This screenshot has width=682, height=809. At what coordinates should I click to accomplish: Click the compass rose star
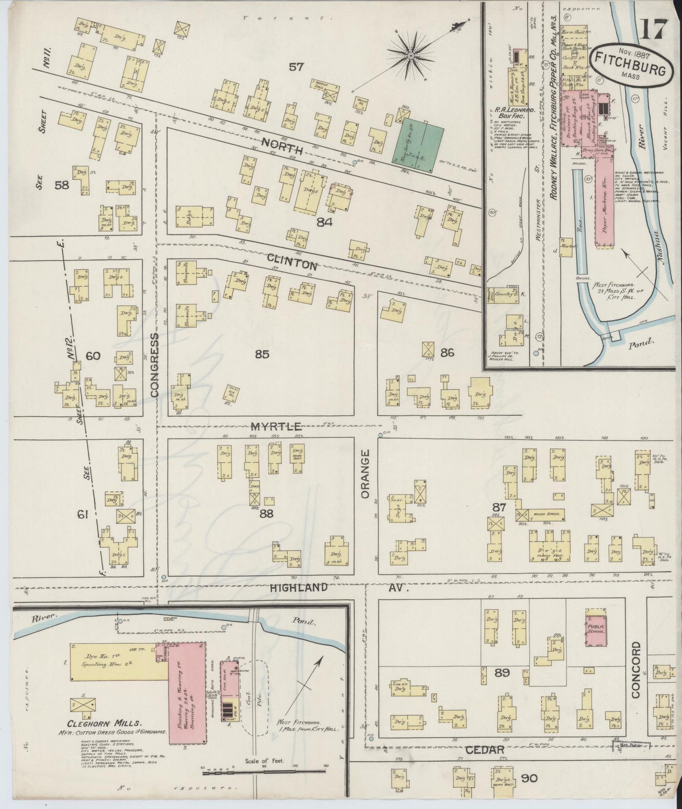click(x=411, y=56)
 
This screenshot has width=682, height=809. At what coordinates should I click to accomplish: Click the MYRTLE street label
click(x=276, y=427)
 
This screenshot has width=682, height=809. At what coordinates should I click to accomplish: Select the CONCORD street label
click(x=635, y=669)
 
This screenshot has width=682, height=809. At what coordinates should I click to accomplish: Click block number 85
click(x=262, y=354)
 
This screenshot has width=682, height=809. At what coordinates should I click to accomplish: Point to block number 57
click(x=296, y=67)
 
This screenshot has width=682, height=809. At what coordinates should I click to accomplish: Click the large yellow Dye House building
click(x=118, y=660)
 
